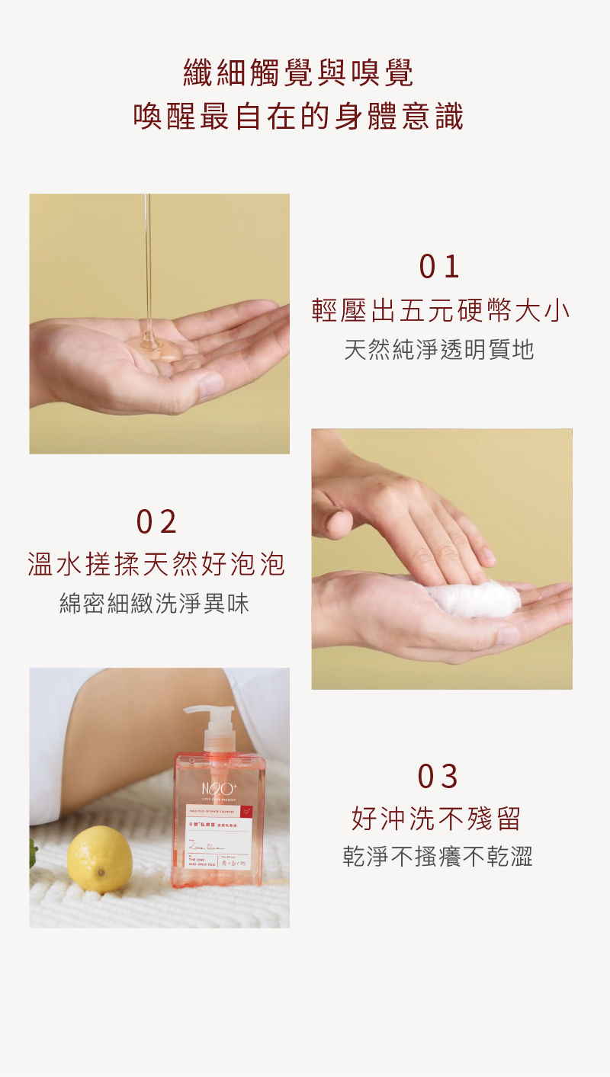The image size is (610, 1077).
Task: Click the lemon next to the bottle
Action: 99,860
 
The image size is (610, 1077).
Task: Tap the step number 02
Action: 157,522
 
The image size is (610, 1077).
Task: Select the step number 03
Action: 438,777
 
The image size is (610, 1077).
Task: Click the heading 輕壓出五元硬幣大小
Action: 441,311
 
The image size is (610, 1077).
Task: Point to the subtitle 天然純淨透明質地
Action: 439,350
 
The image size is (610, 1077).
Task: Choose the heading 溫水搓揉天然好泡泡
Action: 157,565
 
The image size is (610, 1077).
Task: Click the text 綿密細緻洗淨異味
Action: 155,604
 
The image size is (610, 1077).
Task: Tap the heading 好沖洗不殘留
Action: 437,819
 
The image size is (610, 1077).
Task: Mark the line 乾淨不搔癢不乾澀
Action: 438,857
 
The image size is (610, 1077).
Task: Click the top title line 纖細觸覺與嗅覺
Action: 299,73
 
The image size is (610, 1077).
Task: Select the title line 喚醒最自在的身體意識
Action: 299,117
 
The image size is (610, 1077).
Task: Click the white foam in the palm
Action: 473,598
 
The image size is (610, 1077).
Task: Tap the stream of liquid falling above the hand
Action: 148,259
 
